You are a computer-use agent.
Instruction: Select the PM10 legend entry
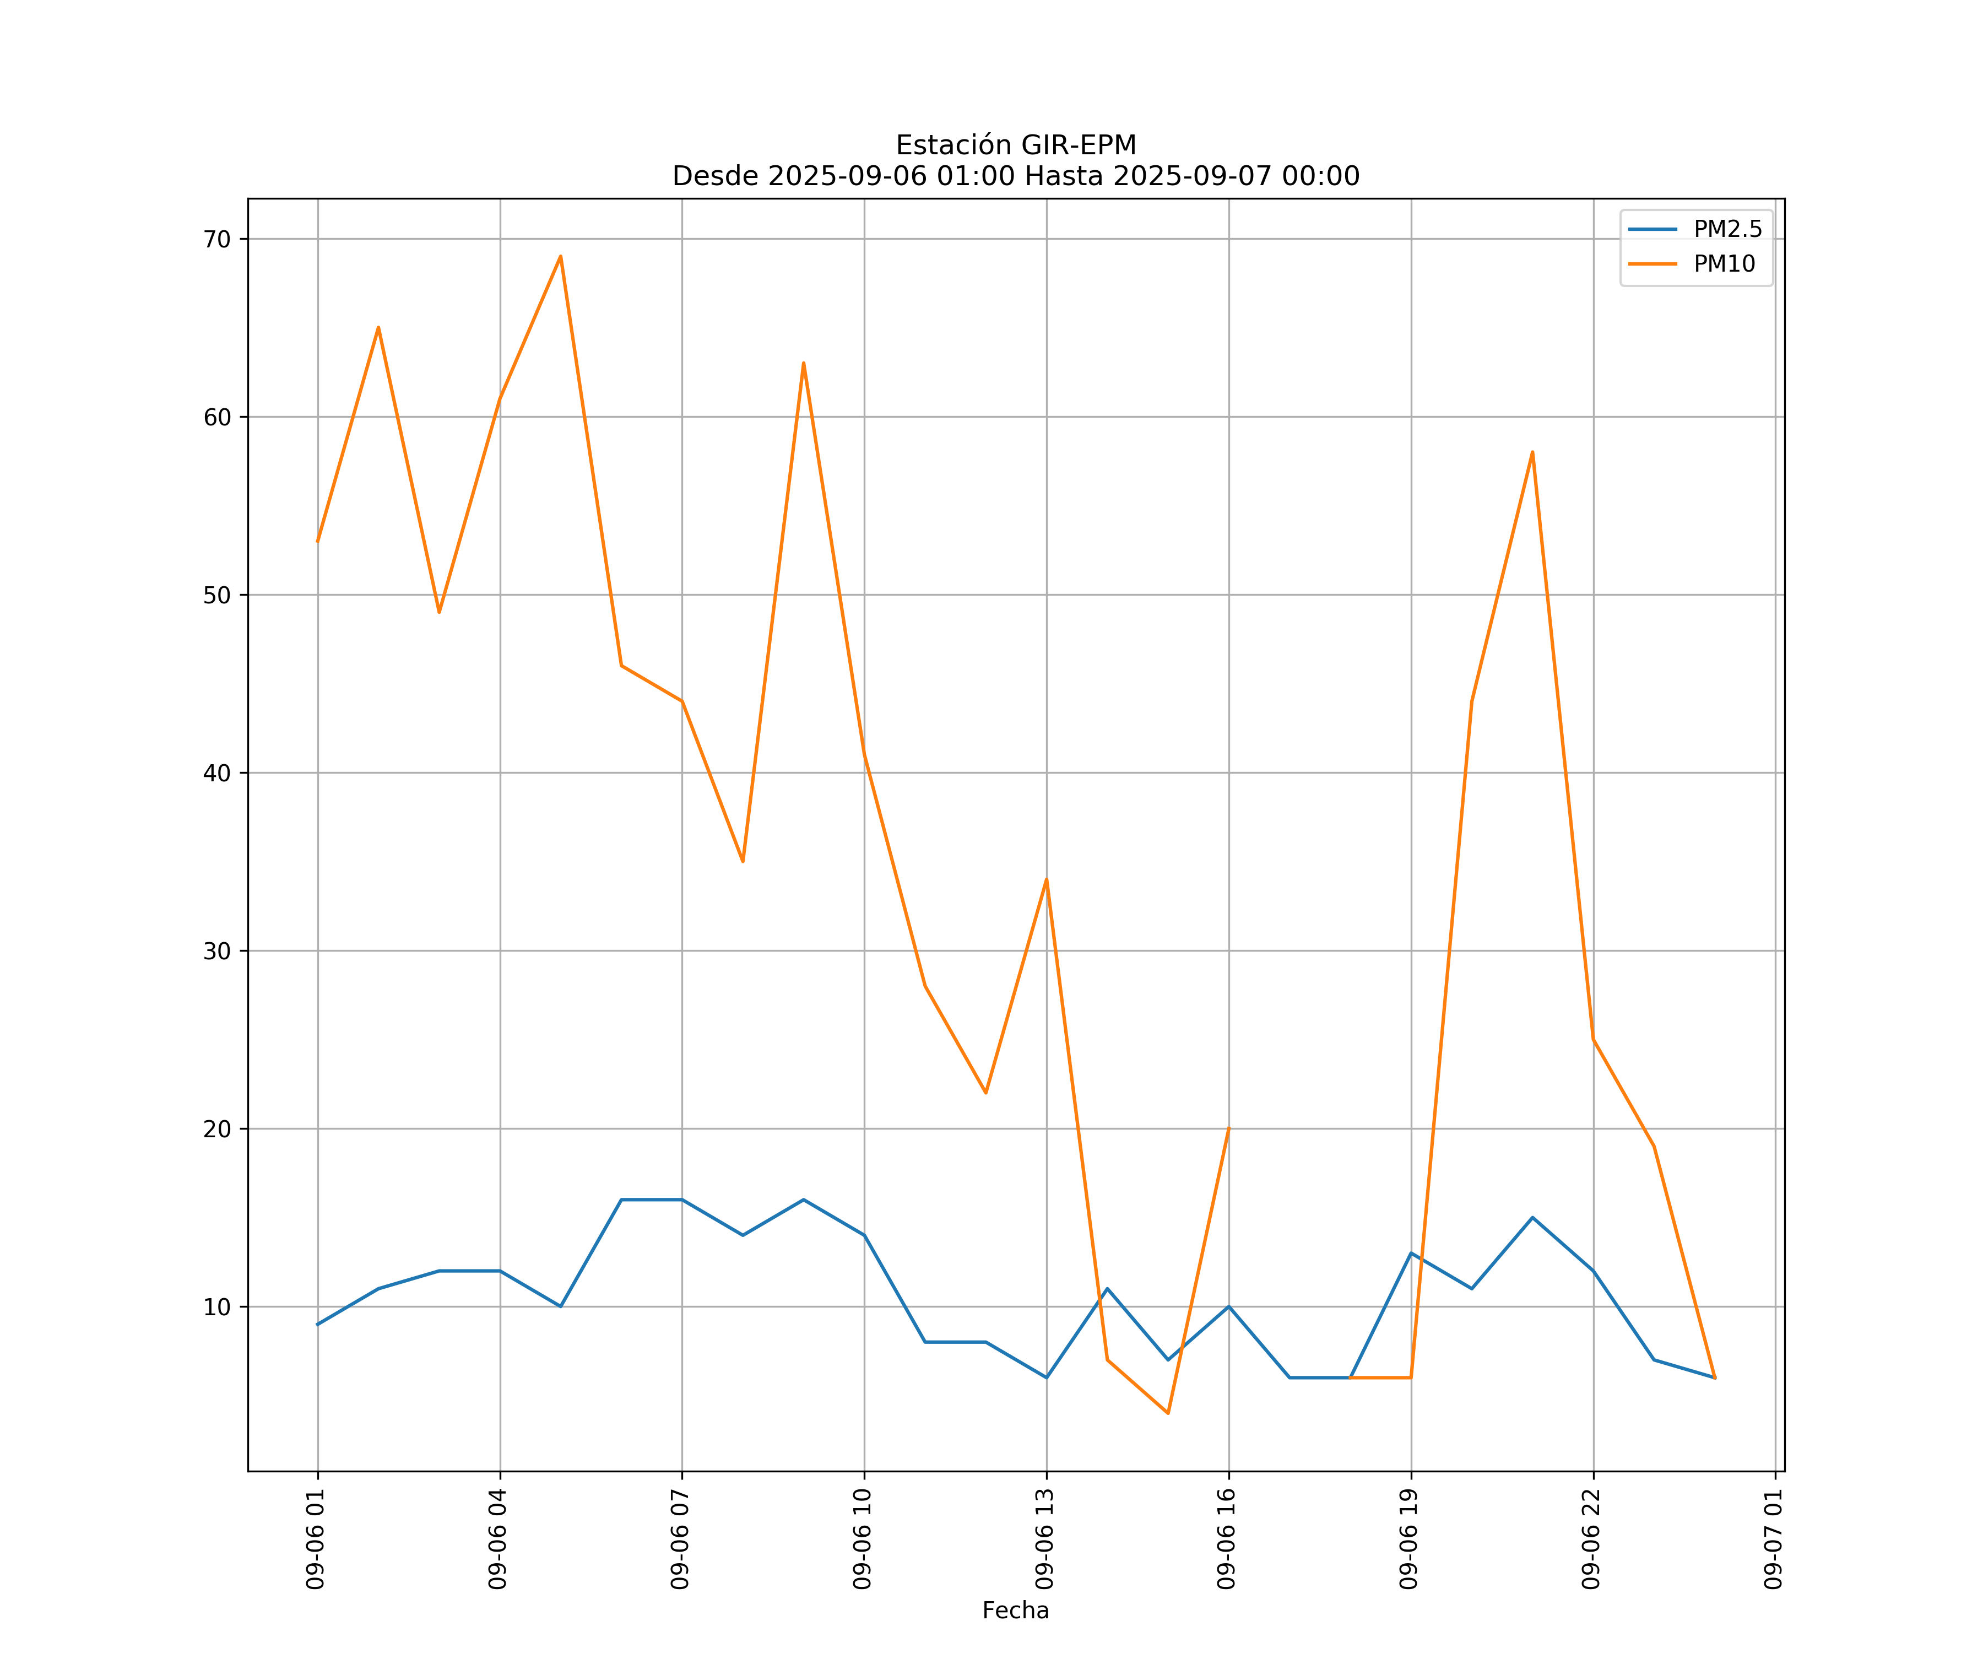[1724, 264]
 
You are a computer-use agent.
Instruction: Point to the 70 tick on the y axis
[217, 239]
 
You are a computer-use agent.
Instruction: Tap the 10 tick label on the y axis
[217, 1308]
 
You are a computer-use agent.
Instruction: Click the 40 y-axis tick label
[217, 773]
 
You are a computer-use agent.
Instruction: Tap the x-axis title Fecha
[1015, 1611]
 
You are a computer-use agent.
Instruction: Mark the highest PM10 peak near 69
[561, 256]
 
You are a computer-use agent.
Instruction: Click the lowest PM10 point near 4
[1168, 1413]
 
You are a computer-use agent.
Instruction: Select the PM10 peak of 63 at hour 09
[804, 363]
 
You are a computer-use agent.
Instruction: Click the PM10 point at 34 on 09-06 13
[1046, 879]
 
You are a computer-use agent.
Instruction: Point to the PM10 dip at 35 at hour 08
[743, 861]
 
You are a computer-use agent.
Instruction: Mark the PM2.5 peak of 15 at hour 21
[1532, 1218]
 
